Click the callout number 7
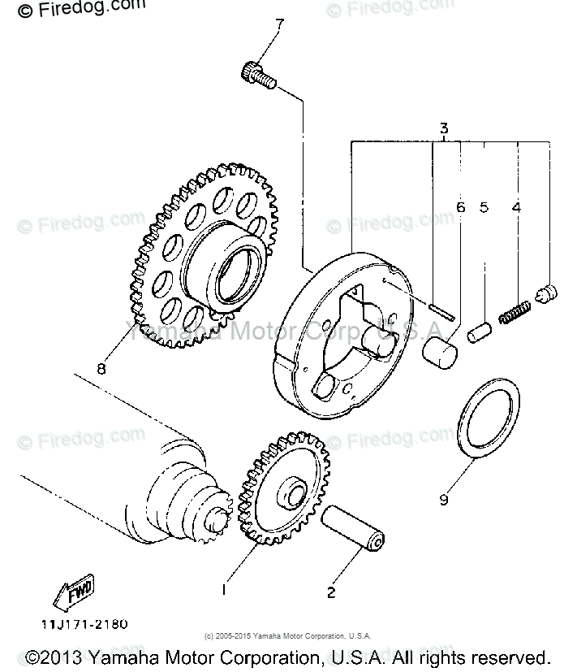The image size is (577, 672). [x=280, y=24]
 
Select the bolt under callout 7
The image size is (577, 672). [x=259, y=76]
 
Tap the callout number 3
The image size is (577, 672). [x=444, y=128]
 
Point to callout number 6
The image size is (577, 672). [x=460, y=207]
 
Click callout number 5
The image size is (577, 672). [x=484, y=207]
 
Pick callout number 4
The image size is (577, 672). [x=516, y=207]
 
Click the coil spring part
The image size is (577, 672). [x=515, y=311]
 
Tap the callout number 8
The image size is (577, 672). [x=101, y=368]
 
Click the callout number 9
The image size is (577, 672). [x=444, y=500]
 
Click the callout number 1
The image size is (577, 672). [x=226, y=587]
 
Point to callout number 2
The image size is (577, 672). [x=330, y=592]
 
